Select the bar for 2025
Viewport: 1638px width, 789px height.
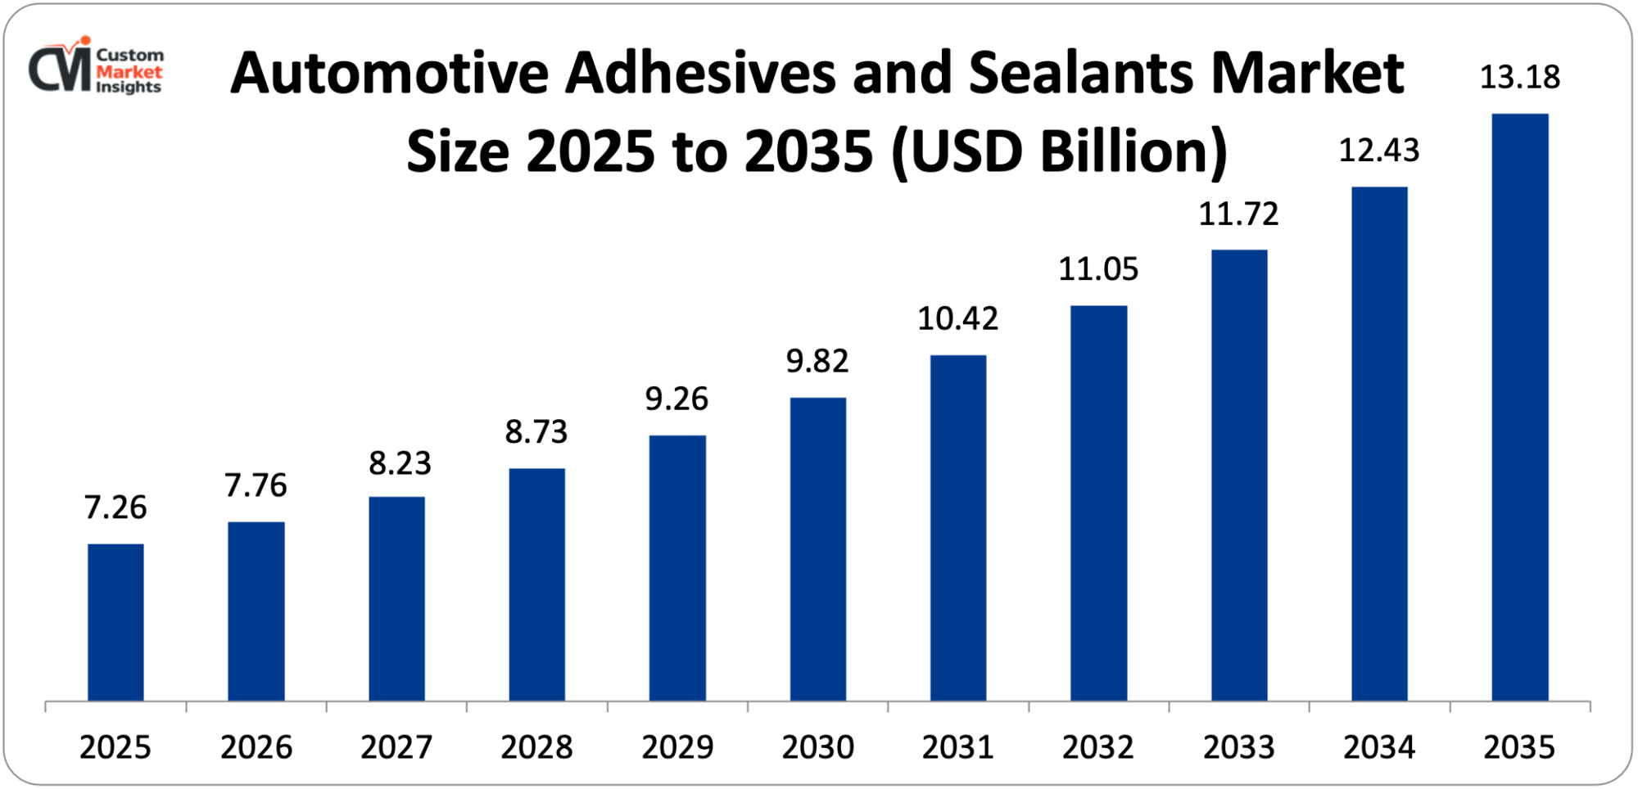115,622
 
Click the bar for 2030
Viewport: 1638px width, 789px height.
817,549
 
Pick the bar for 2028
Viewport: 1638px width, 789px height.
536,584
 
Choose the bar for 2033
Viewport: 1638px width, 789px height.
1239,475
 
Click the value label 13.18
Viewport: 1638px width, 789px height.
1520,78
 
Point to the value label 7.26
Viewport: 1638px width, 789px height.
115,507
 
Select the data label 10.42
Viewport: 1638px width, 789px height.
957,318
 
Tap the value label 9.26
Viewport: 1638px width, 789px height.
676,399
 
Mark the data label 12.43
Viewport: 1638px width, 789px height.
1379,151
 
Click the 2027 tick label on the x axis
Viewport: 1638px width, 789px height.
396,747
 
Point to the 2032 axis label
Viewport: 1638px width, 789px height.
1098,747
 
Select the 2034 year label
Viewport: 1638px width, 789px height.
1379,747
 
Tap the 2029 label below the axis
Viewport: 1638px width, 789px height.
677,747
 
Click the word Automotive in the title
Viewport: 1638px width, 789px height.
389,74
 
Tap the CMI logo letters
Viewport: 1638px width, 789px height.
60,69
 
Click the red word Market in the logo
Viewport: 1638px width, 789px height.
129,72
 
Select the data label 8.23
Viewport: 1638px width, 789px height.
400,463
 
